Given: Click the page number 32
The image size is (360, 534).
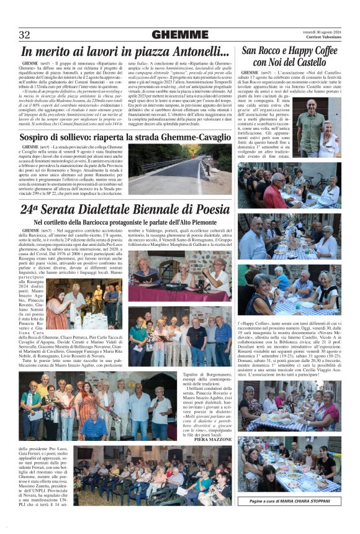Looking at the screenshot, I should point(25,35).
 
